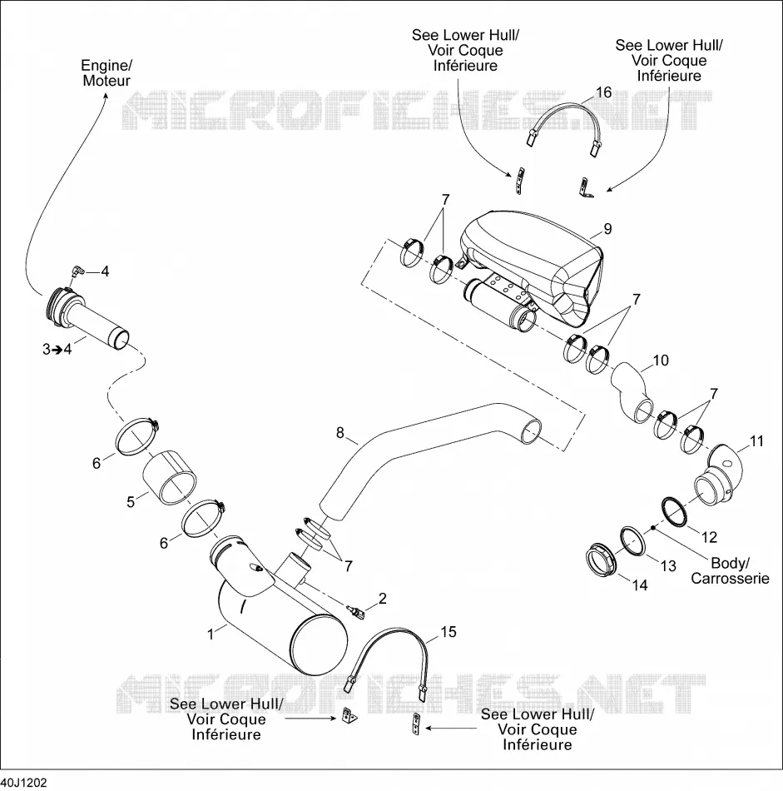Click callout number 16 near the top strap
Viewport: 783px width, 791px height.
(603, 92)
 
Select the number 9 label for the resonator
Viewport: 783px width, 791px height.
(607, 229)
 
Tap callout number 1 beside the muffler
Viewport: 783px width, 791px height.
(211, 634)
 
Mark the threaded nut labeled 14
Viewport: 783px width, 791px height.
(602, 560)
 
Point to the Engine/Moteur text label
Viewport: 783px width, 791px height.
(107, 73)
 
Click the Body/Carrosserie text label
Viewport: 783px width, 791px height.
(730, 570)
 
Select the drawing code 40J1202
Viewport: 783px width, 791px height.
(23, 783)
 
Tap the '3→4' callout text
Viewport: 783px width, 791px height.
(57, 349)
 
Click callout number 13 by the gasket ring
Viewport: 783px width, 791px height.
(668, 566)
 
